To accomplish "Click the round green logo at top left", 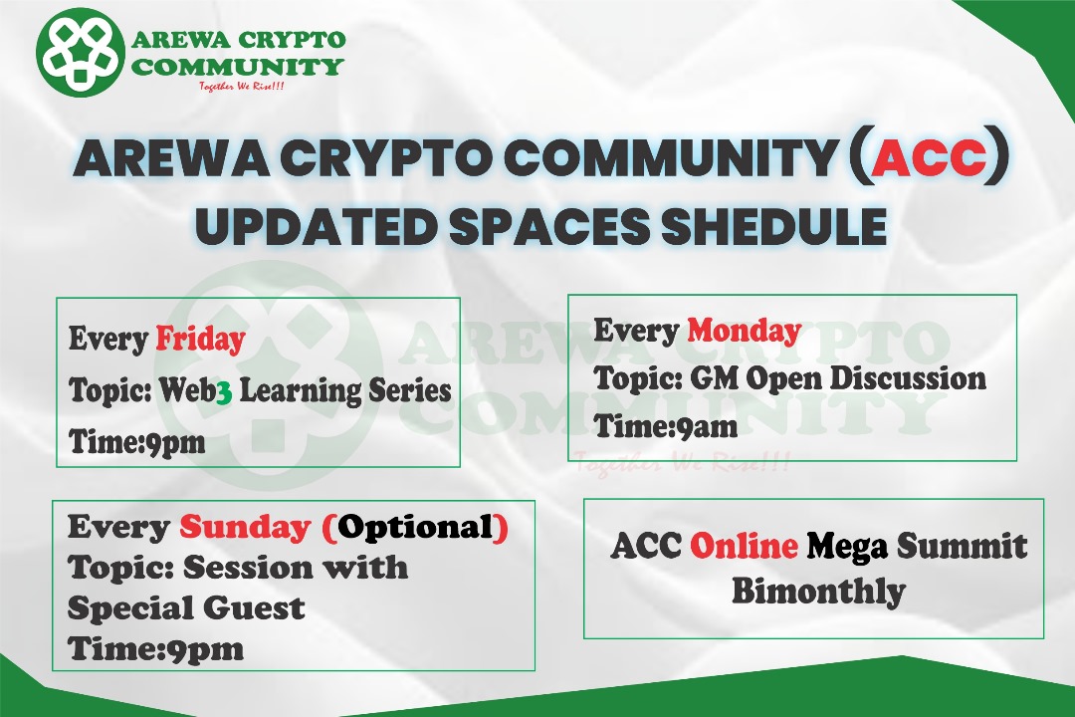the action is [x=81, y=52].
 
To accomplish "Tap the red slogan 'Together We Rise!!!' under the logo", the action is [x=241, y=87].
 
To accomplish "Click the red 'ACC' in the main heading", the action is [x=929, y=158].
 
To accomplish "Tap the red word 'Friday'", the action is [x=200, y=339].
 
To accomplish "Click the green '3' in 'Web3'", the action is [x=224, y=393].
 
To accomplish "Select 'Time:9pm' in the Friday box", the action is [x=137, y=441].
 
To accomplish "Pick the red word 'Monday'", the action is [x=745, y=331].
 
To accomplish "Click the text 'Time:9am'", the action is [x=666, y=426].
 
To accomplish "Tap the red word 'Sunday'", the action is [x=246, y=528].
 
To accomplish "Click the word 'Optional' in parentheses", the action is [x=415, y=527].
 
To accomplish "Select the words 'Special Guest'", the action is [x=186, y=607].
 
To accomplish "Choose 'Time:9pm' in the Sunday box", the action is [x=155, y=649].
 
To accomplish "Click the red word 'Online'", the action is [x=744, y=546].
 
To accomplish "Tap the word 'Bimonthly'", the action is [x=818, y=592].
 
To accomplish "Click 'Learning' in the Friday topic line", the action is [x=301, y=391].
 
